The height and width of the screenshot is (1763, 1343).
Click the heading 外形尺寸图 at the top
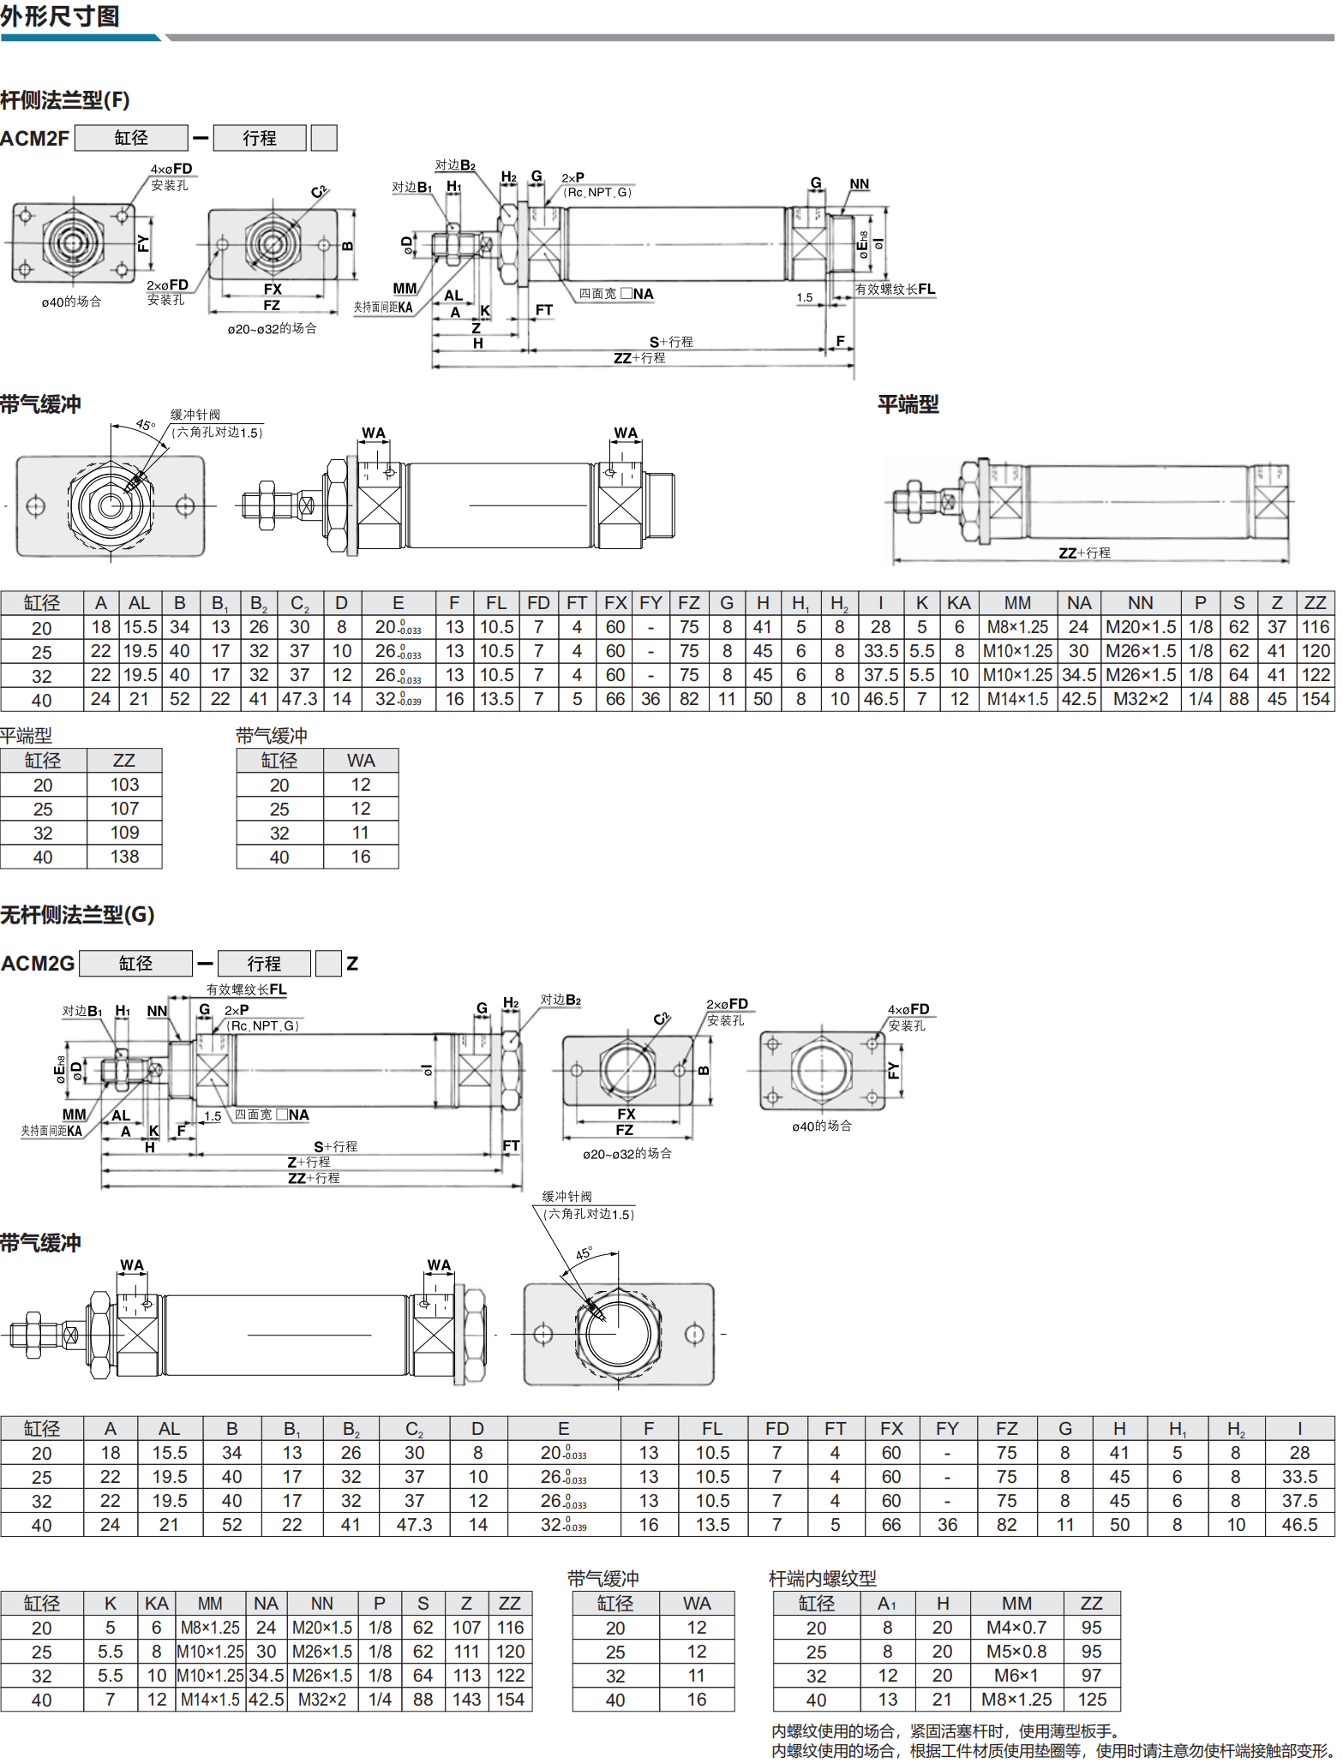[60, 16]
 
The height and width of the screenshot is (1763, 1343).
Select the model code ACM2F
[34, 138]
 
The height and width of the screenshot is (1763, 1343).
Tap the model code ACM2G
[38, 964]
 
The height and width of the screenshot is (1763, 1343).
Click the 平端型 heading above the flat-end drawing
[908, 404]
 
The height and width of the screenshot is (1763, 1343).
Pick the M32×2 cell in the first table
[1140, 699]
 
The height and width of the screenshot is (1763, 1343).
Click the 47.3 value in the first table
[299, 699]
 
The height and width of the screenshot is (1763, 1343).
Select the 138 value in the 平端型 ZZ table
[124, 857]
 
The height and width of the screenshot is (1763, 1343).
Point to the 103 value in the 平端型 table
[124, 785]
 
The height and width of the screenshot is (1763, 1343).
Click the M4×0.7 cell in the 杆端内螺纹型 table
[1016, 1628]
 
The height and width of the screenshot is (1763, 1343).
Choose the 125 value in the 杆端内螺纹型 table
[1092, 1700]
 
